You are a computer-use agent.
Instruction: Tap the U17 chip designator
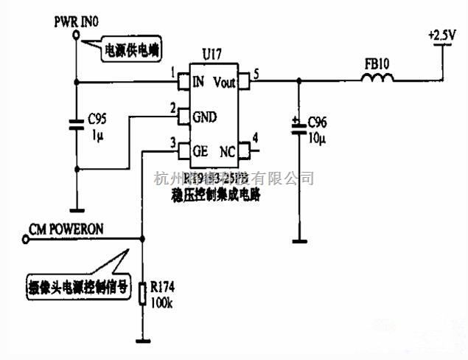(212, 54)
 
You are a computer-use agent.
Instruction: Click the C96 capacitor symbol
(298, 127)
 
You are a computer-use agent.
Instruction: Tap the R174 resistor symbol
(143, 294)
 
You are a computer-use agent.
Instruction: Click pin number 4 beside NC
(254, 137)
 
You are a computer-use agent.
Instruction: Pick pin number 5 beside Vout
(255, 73)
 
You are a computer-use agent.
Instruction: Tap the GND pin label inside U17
(203, 117)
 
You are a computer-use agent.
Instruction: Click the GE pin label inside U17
(200, 150)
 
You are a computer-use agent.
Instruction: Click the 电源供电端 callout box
(130, 50)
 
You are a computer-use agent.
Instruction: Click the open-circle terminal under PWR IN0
(76, 33)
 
